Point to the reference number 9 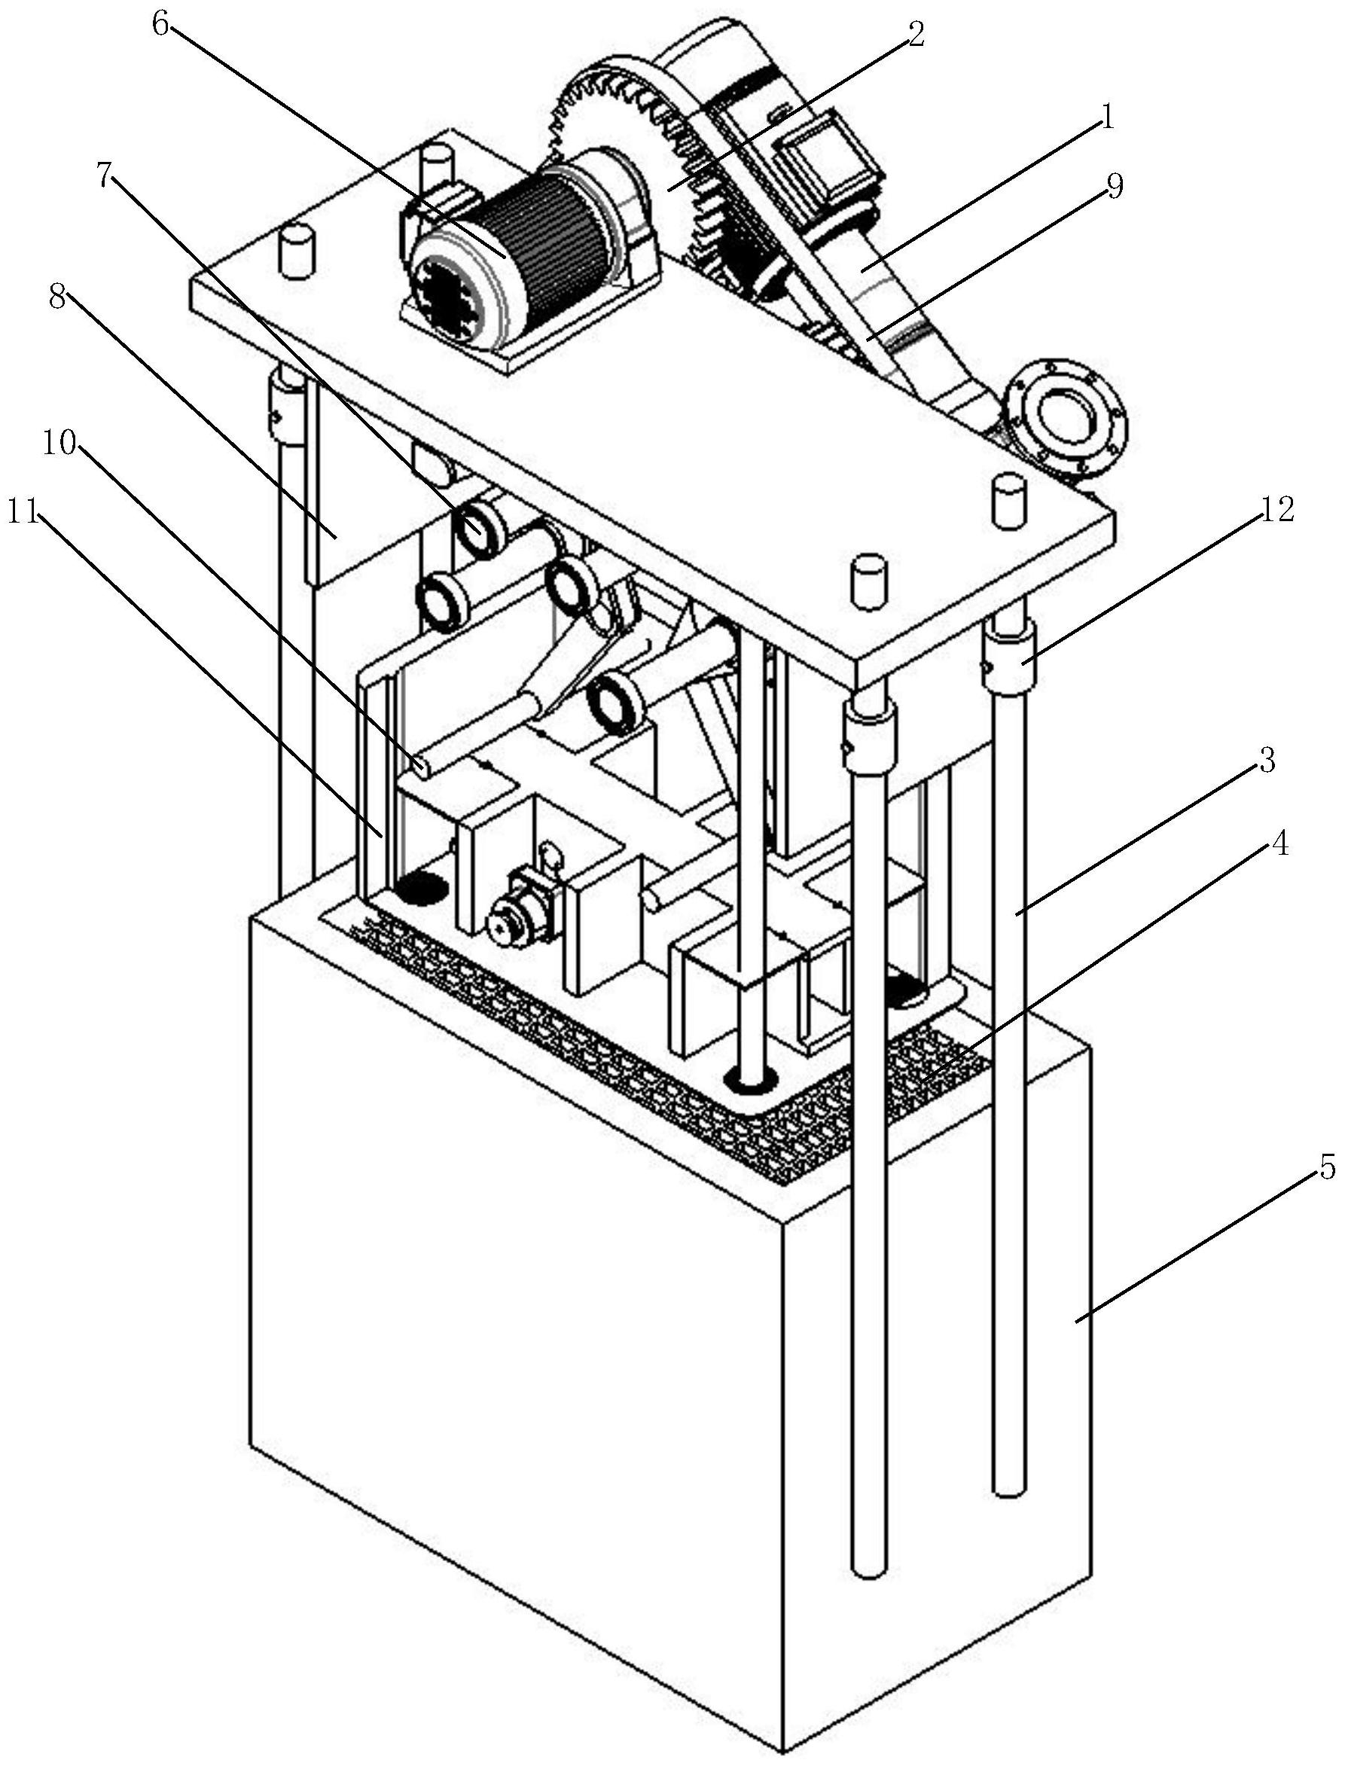pos(1115,186)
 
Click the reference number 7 pos(105,177)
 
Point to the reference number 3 pos(1265,761)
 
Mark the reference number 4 pos(1279,843)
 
